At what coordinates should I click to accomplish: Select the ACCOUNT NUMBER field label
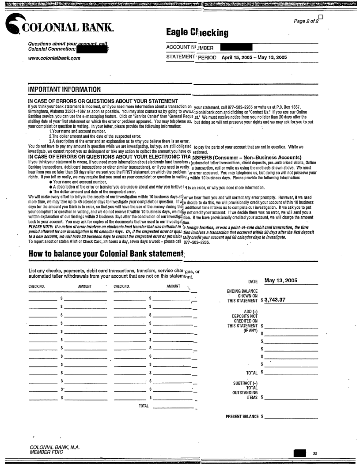click(190, 47)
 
